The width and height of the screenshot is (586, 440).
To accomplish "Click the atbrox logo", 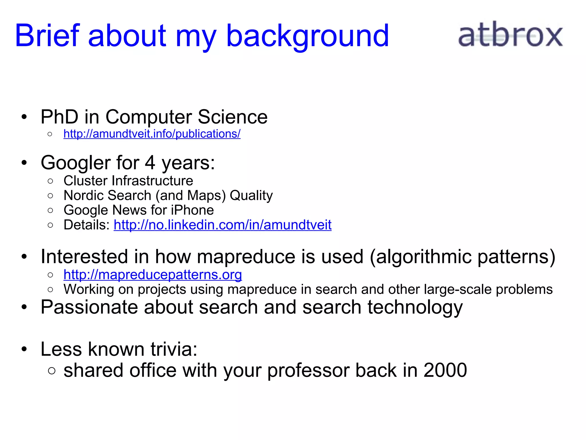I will coord(510,35).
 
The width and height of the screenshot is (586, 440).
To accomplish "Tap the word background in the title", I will coord(307,36).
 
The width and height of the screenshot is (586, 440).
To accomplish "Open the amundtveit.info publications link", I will coord(152,134).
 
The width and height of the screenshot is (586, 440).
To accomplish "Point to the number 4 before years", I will coord(150,163).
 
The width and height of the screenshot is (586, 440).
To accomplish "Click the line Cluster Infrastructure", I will coord(128,181).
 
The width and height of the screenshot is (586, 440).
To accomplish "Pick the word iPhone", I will coord(192,210).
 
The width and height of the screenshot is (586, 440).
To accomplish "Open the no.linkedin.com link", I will coord(222,225).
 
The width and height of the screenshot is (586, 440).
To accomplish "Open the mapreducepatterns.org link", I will coord(153,275).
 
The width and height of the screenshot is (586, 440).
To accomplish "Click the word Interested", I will coord(84,256).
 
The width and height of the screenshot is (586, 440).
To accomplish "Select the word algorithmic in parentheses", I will coord(424,256).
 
